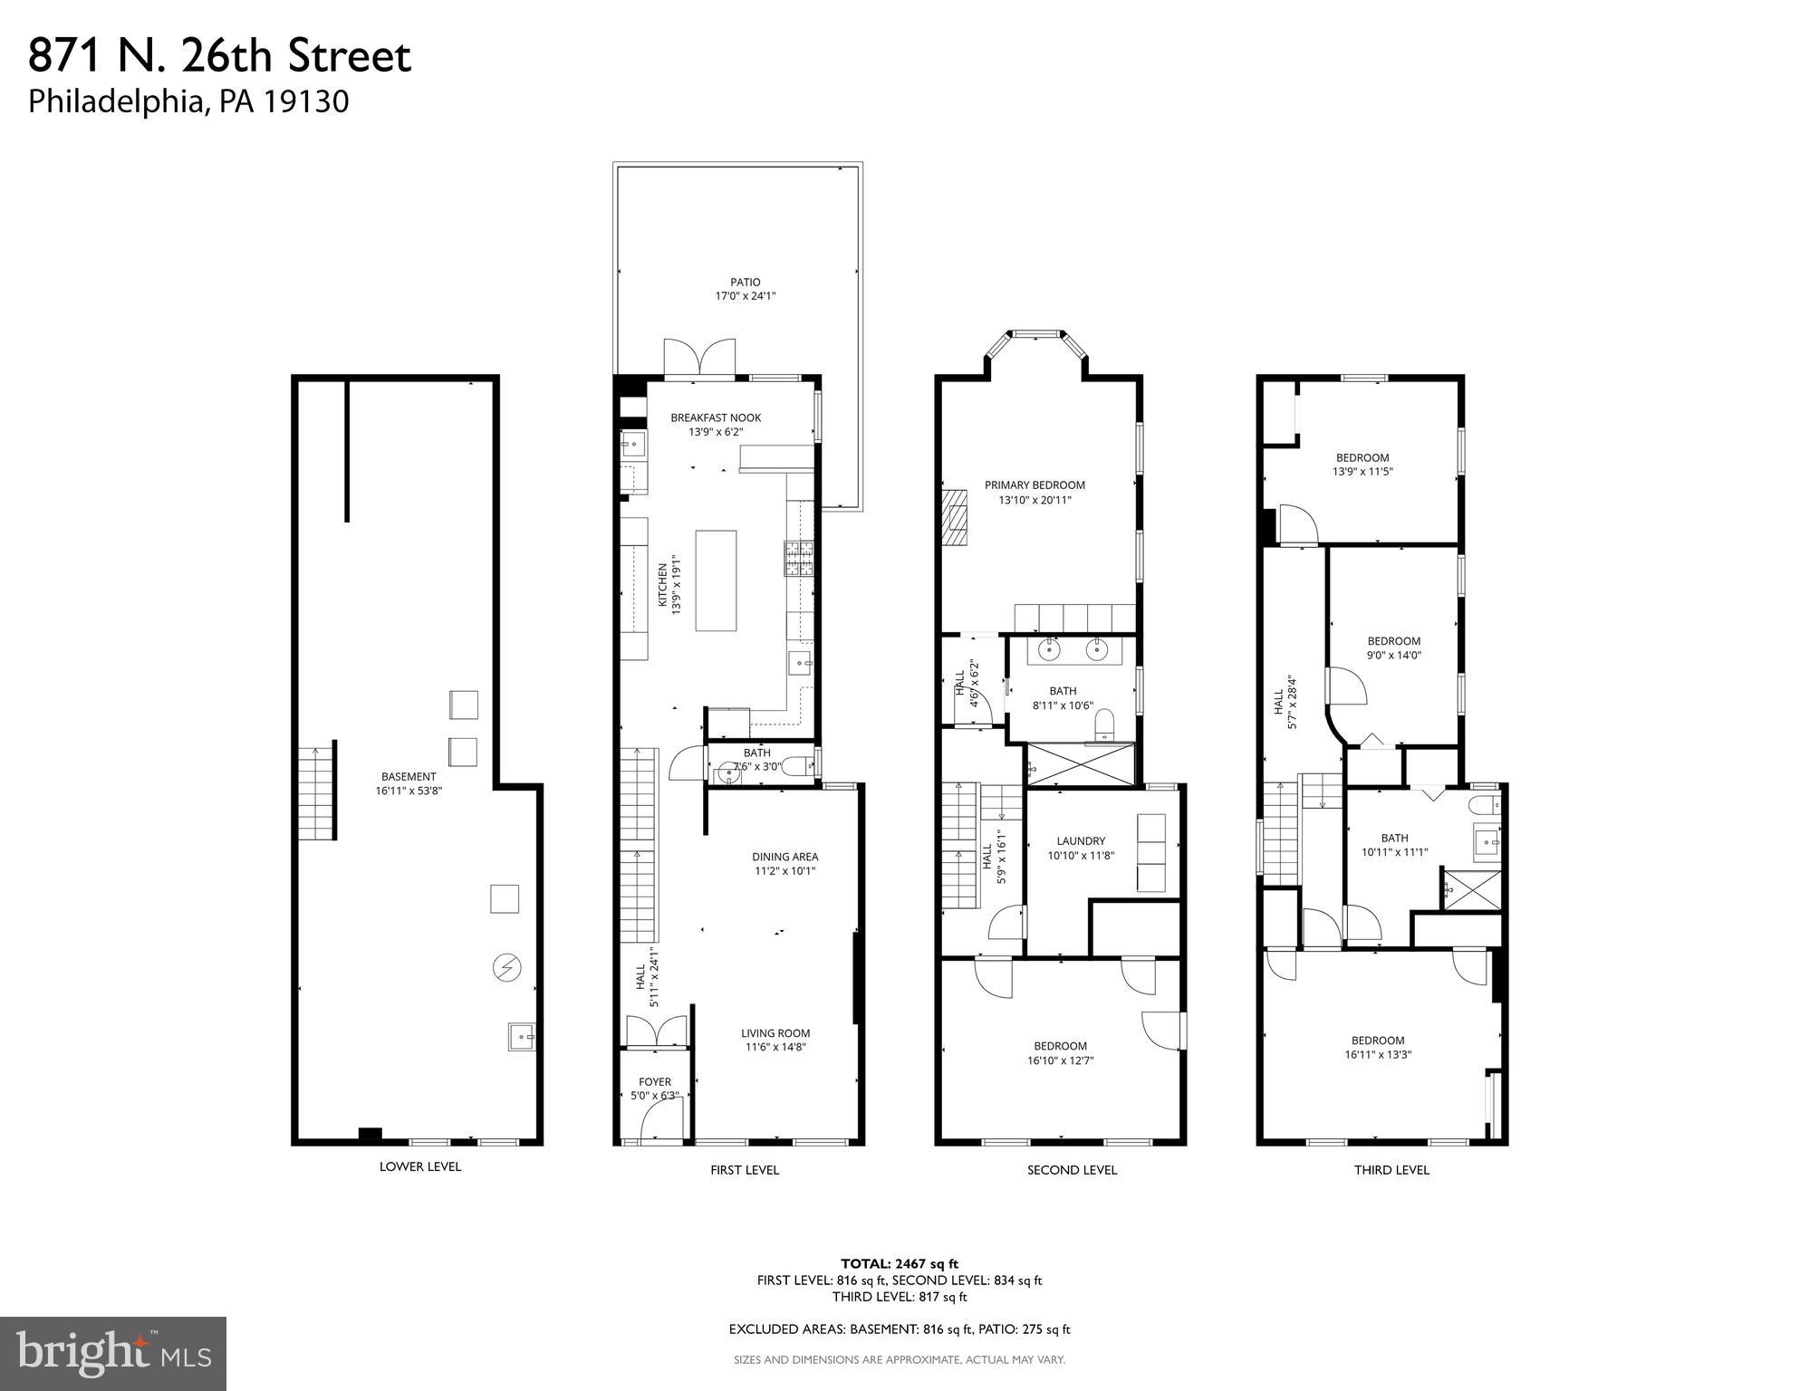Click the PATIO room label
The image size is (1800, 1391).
745,282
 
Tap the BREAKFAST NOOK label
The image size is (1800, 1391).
716,417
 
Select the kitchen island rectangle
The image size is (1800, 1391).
715,580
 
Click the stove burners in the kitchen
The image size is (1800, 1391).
798,558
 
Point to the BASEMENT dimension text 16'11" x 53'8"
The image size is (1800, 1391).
409,791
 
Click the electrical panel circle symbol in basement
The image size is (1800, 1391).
505,968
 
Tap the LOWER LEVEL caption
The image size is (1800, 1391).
419,1166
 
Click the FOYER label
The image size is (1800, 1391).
654,1081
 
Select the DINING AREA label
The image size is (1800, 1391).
784,857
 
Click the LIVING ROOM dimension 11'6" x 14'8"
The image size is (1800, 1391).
775,1047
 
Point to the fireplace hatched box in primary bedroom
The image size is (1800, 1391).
954,518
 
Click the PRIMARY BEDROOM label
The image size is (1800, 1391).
1035,484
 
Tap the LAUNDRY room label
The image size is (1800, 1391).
1080,840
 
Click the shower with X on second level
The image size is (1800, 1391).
1079,764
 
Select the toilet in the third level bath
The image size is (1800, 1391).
1487,805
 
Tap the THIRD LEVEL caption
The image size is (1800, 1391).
1391,1169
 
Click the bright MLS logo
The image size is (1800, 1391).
113,1353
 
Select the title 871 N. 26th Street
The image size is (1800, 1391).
220,56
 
